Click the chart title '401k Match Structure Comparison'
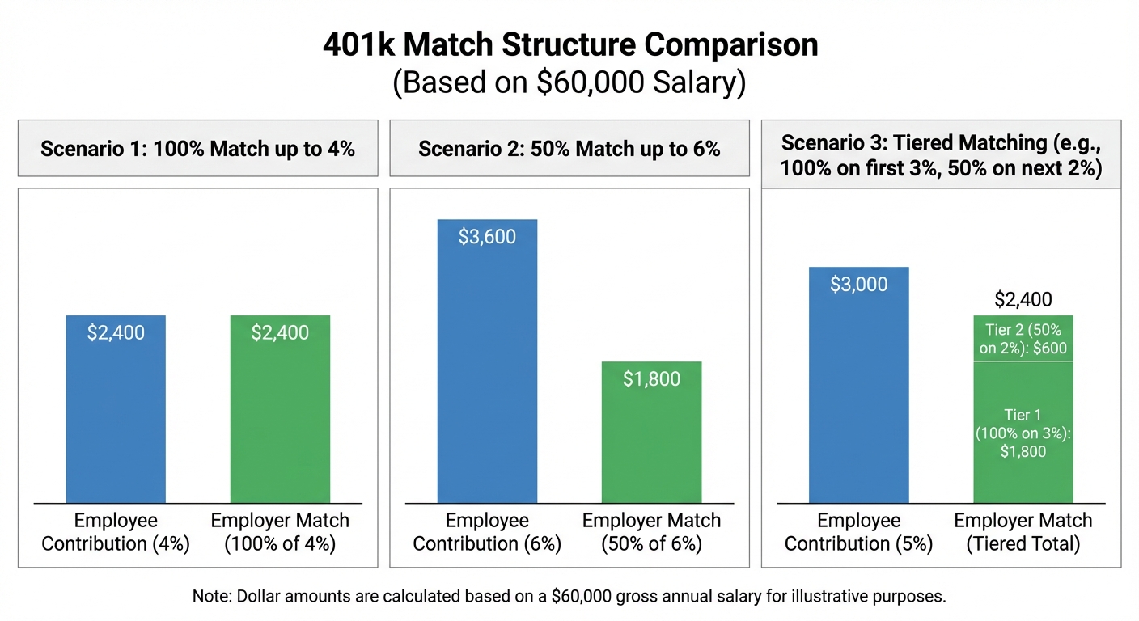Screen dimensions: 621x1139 pyautogui.click(x=569, y=45)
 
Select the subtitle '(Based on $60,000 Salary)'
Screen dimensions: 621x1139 pyautogui.click(x=569, y=83)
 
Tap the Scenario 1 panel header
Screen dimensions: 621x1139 pyautogui.click(x=197, y=149)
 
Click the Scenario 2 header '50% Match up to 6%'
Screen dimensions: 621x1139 pyautogui.click(x=569, y=149)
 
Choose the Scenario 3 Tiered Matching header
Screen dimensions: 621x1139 pyautogui.click(x=941, y=155)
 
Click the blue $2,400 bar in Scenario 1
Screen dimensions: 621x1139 pyautogui.click(x=116, y=420)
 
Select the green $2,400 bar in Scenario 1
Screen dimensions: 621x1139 pyautogui.click(x=280, y=420)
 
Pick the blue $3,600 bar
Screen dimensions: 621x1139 pyautogui.click(x=487, y=372)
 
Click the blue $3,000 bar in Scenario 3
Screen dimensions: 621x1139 pyautogui.click(x=859, y=396)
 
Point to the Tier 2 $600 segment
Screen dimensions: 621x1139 pyautogui.click(x=1023, y=339)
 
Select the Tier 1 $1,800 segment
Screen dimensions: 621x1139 pyautogui.click(x=1023, y=433)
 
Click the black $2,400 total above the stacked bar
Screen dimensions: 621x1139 pyautogui.click(x=1023, y=300)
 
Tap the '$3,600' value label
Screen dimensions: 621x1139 pyautogui.click(x=487, y=237)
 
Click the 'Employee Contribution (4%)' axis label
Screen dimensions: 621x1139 pyautogui.click(x=116, y=532)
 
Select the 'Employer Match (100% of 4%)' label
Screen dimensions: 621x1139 pyautogui.click(x=280, y=532)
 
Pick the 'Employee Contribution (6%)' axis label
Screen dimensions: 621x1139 pyautogui.click(x=487, y=532)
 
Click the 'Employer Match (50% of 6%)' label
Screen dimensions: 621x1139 pyautogui.click(x=651, y=532)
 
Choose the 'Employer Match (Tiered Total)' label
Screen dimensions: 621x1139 pyautogui.click(x=1023, y=532)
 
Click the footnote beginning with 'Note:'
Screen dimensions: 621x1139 pyautogui.click(x=569, y=597)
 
